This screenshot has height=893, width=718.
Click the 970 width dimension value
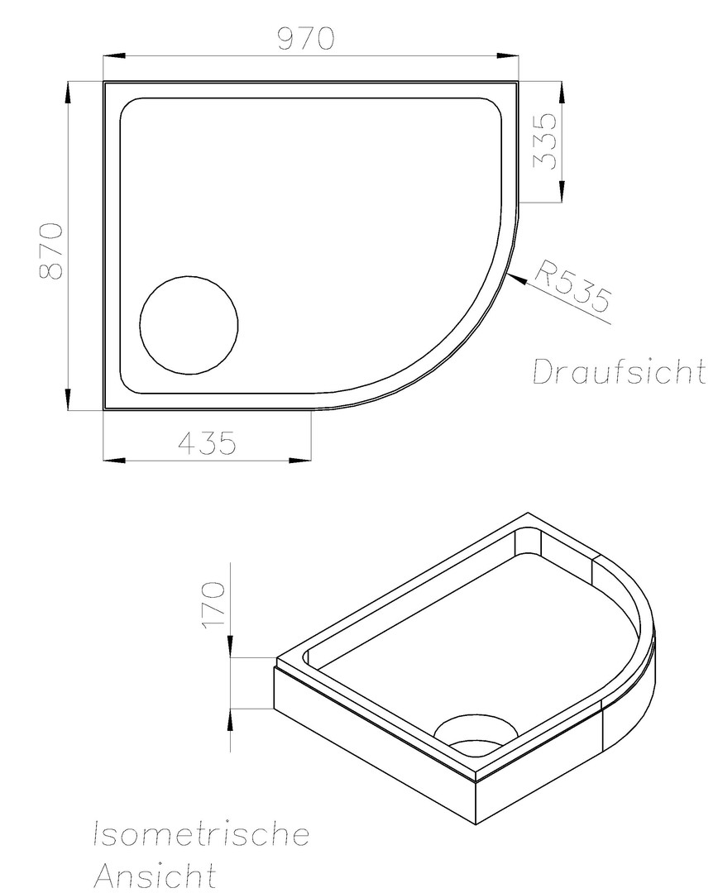305,38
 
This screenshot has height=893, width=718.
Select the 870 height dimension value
50,251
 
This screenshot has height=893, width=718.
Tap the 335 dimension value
543,141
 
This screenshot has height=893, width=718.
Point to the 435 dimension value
207,443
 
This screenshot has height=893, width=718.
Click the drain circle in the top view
189,325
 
